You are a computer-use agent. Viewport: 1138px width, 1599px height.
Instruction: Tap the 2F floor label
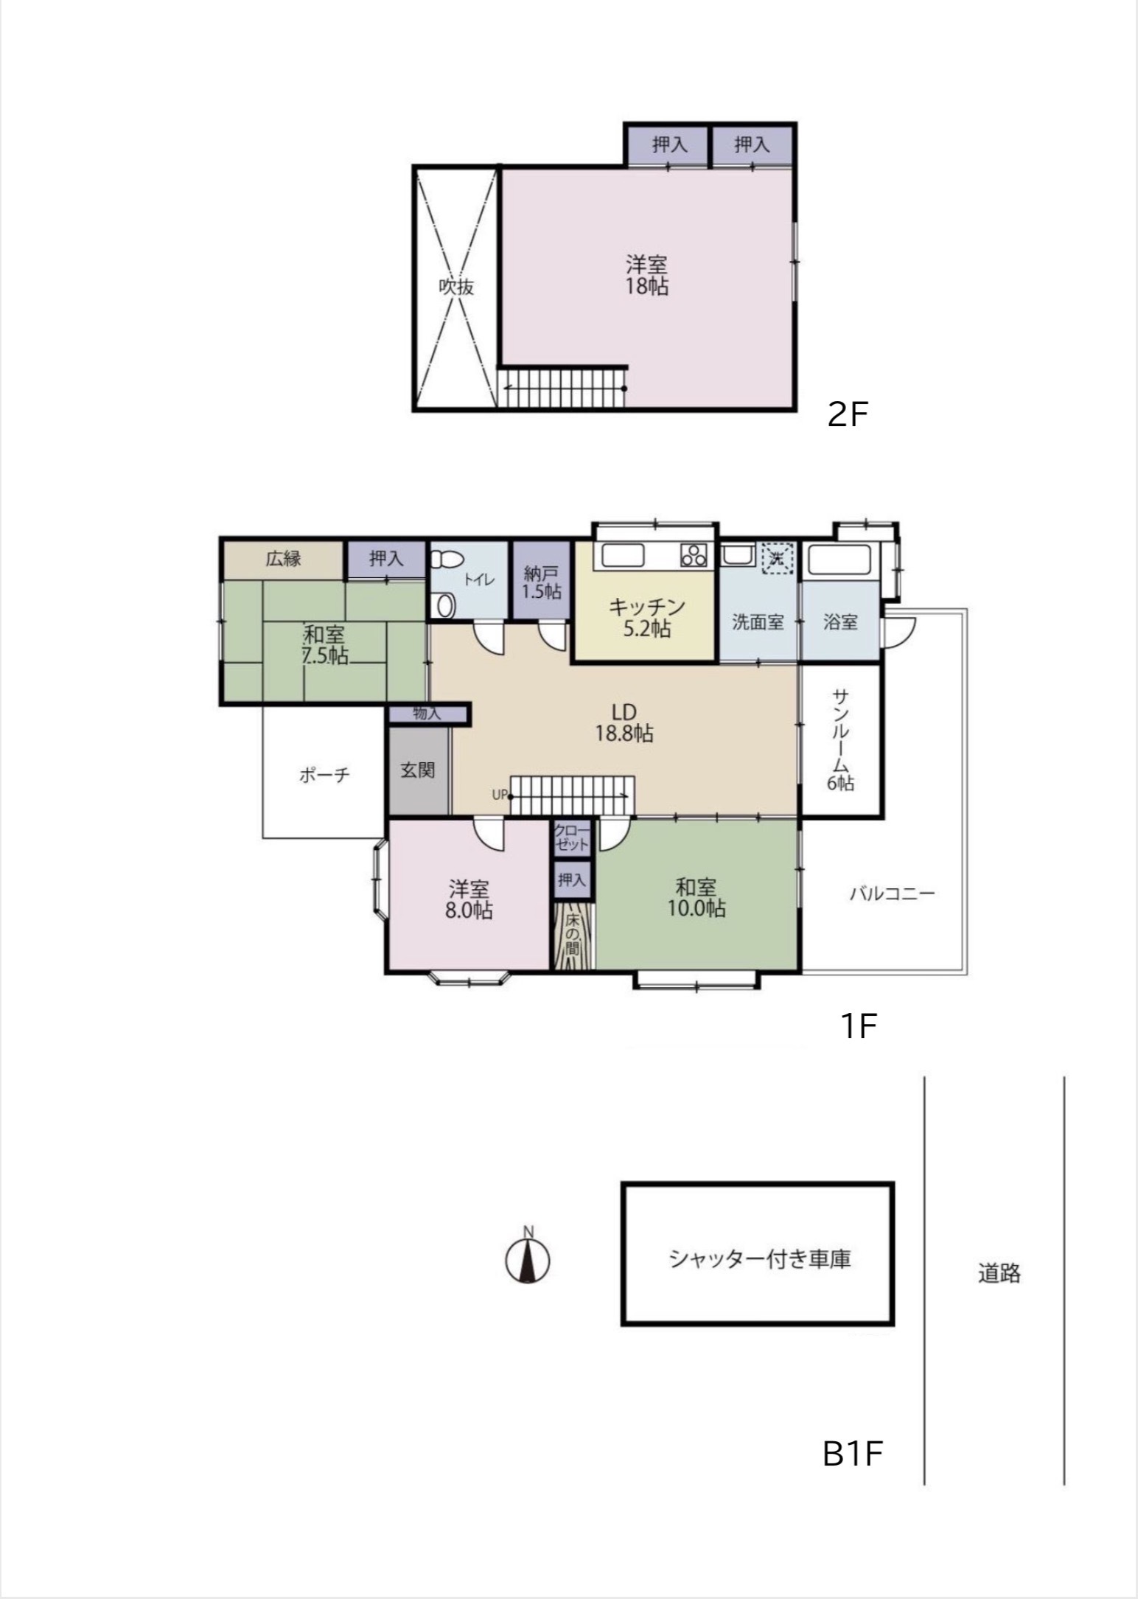[x=848, y=416]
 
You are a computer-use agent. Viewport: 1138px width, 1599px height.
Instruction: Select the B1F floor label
[x=853, y=1454]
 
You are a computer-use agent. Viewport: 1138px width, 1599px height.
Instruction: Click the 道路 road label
[x=999, y=1273]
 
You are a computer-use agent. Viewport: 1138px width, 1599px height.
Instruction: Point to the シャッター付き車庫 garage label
[x=760, y=1258]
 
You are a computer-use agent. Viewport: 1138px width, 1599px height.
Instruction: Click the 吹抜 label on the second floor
[x=456, y=287]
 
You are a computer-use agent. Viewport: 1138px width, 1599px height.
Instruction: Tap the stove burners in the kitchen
[x=694, y=554]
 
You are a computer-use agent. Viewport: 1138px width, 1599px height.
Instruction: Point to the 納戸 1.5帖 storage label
[x=542, y=582]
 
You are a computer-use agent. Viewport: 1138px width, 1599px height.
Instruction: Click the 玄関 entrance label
[x=418, y=770]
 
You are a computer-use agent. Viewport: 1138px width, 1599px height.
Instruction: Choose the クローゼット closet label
[x=572, y=837]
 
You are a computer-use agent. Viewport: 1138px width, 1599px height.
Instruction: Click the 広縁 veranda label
[x=284, y=559]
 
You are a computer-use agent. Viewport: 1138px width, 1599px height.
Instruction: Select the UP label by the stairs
[x=500, y=795]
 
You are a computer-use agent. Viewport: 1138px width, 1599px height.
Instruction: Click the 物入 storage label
[x=427, y=713]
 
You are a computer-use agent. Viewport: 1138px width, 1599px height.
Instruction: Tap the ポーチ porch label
[x=324, y=775]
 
